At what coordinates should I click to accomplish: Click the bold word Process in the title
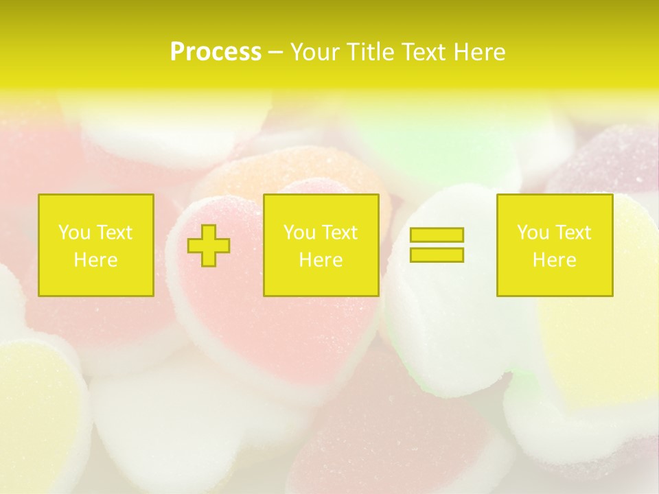click(216, 52)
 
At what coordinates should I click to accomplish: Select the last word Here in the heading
click(479, 52)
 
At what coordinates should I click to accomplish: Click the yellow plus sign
click(209, 245)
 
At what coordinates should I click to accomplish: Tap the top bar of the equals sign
click(437, 235)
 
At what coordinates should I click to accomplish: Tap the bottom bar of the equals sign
click(437, 255)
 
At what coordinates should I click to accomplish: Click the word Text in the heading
click(422, 52)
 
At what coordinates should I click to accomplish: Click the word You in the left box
click(74, 233)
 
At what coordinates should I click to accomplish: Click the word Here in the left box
click(95, 260)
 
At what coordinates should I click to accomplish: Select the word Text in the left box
click(113, 233)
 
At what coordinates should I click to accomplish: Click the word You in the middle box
click(299, 233)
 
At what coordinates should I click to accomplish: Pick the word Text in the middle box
click(338, 233)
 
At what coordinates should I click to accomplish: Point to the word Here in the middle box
click(321, 260)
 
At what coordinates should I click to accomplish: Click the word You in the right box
click(533, 233)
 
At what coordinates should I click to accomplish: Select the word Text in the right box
click(572, 233)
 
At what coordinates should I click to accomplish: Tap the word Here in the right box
click(554, 260)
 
